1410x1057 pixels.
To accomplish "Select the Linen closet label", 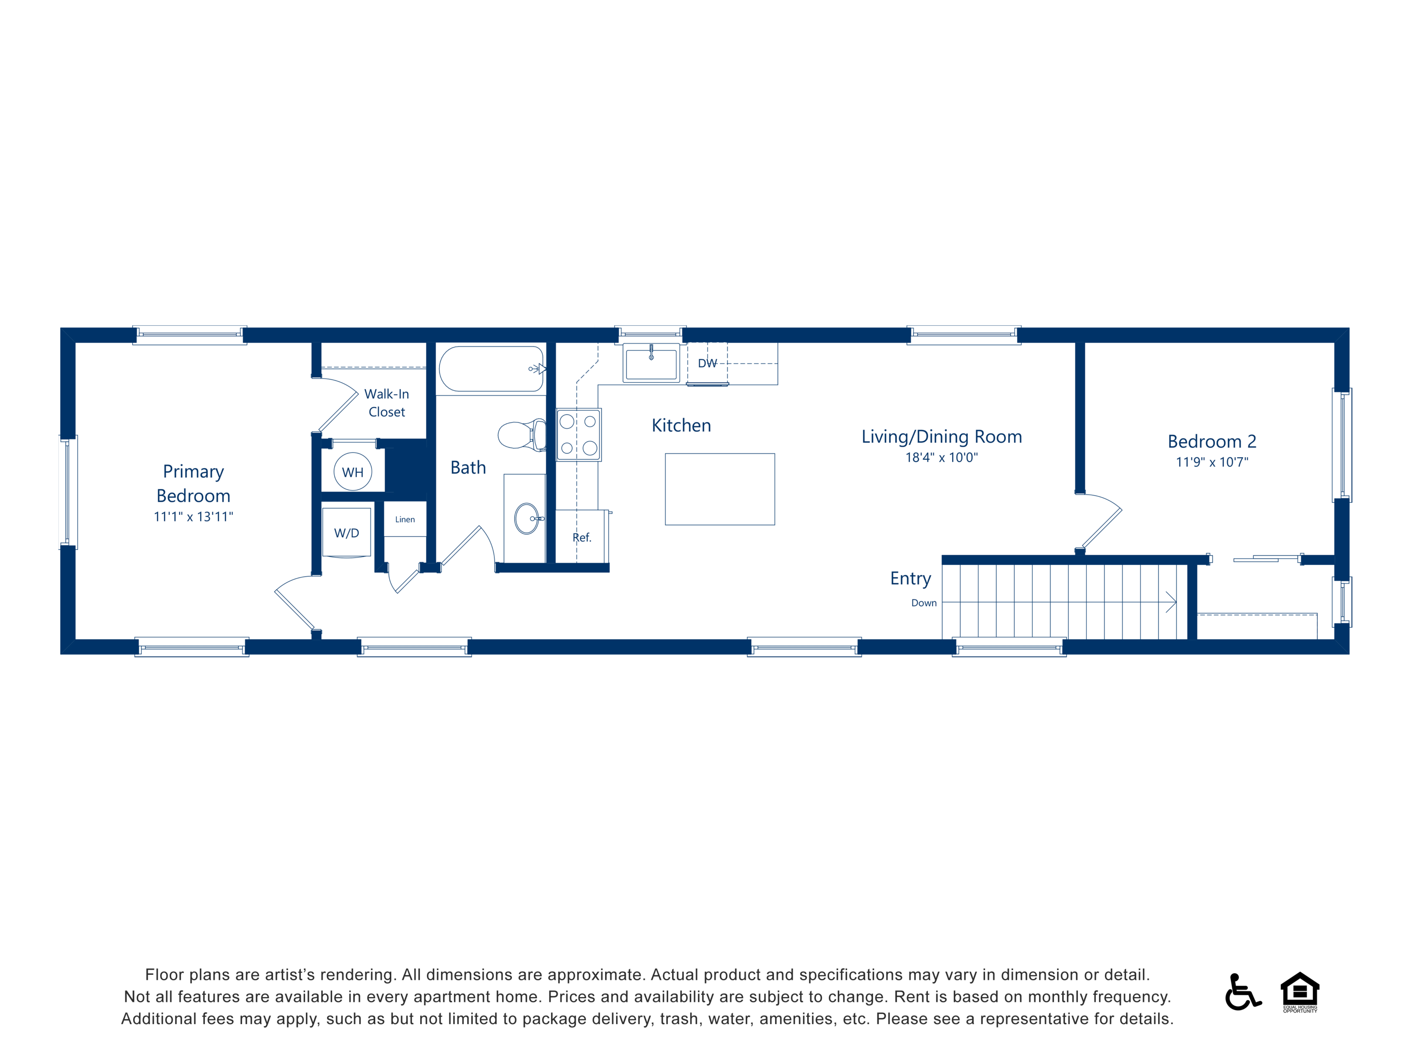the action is tap(405, 519).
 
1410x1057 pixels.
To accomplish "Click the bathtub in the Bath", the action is tap(491, 369).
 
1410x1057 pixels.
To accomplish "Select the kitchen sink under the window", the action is tap(651, 363).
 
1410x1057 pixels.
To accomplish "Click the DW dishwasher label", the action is tap(708, 363).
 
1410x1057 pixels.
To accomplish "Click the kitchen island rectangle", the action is tap(720, 489).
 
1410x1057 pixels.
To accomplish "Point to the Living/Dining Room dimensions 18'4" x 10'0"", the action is tap(941, 457).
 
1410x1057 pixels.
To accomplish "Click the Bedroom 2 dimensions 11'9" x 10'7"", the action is tap(1212, 462).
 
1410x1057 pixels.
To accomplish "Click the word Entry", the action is tap(910, 578).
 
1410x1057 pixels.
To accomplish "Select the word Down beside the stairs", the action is tap(924, 603).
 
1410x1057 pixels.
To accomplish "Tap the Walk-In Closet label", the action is tap(386, 403).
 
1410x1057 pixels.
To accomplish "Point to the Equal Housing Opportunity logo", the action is tap(1300, 991).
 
